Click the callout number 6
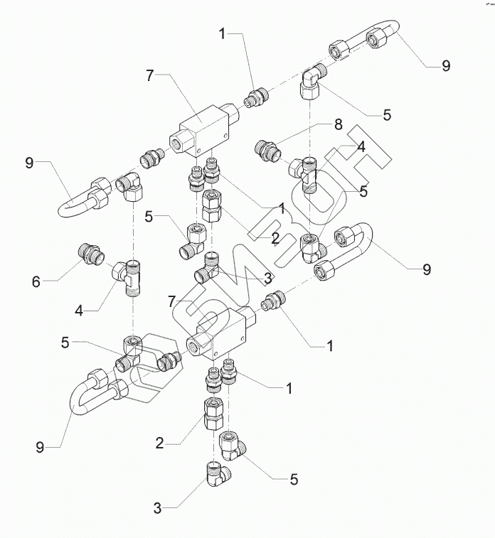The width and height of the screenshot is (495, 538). (36, 282)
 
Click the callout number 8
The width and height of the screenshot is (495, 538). (339, 124)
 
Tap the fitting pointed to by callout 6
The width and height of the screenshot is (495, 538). (90, 254)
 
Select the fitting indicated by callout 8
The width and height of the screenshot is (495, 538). (267, 151)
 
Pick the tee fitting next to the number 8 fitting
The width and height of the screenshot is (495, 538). (305, 174)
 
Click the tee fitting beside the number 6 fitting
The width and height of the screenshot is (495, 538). (129, 278)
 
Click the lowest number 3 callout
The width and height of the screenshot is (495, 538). (157, 508)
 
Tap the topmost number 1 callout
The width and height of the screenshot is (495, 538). (223, 34)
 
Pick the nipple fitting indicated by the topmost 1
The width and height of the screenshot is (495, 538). (256, 97)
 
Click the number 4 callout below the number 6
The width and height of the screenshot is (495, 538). (79, 311)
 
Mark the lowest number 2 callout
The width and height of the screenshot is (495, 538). (159, 443)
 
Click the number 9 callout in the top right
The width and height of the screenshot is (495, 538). (446, 65)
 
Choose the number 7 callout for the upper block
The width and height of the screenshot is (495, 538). (149, 76)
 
